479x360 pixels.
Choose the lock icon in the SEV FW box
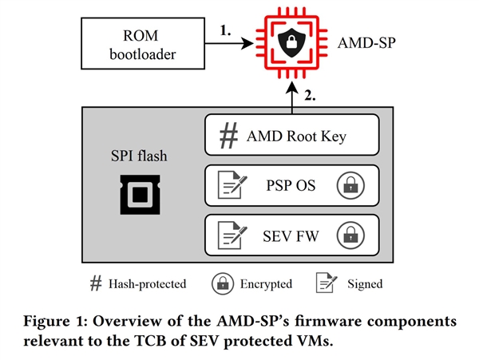(x=349, y=235)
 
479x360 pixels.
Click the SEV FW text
(x=289, y=235)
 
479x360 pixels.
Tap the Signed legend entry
(x=350, y=283)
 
